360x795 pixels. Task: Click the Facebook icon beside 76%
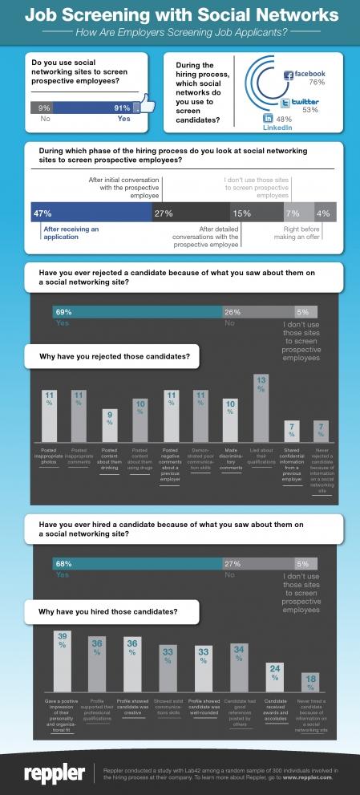point(289,75)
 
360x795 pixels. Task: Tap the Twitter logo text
point(299,102)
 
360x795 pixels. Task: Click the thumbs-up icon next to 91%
point(146,104)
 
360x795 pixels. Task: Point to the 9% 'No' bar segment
point(44,107)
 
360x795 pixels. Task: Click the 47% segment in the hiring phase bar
point(91,213)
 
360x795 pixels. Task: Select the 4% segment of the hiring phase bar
point(325,213)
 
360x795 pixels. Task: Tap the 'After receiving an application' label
point(71,233)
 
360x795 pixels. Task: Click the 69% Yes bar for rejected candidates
point(136,311)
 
